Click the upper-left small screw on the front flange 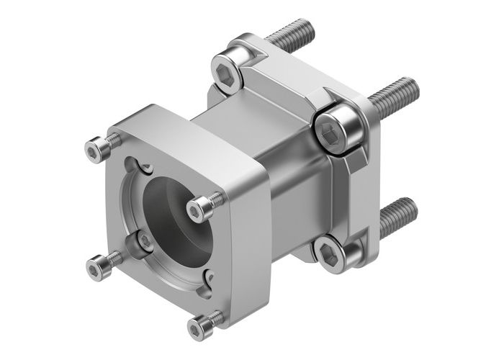point(96,150)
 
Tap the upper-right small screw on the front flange point(198,208)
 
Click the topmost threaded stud point(292,32)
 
